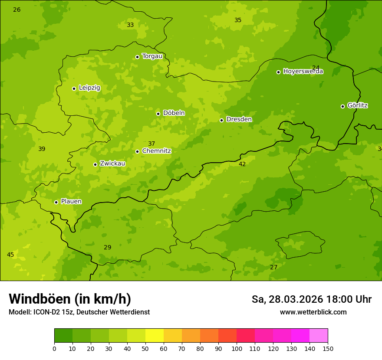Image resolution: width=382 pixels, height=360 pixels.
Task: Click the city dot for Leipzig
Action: pyautogui.click(x=74, y=88)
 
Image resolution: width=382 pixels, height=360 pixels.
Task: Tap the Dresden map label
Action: pyautogui.click(x=239, y=119)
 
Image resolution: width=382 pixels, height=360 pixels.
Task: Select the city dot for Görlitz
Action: pyautogui.click(x=342, y=106)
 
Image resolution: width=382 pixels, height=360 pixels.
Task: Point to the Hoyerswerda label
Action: pyautogui.click(x=303, y=72)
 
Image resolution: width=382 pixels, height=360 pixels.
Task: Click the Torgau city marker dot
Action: pyautogui.click(x=137, y=57)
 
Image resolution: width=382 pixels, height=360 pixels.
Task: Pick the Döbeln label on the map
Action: pyautogui.click(x=174, y=113)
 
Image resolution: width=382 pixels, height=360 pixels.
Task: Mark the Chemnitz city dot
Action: pyautogui.click(x=137, y=151)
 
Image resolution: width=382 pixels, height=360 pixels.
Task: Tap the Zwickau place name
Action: pyautogui.click(x=112, y=164)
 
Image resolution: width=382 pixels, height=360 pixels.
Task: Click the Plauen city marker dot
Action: pyautogui.click(x=56, y=202)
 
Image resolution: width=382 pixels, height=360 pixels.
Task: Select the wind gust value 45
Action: pyautogui.click(x=10, y=255)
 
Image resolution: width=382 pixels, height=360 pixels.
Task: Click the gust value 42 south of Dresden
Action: pyautogui.click(x=242, y=164)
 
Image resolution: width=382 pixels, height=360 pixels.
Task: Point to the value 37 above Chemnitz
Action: pyautogui.click(x=151, y=144)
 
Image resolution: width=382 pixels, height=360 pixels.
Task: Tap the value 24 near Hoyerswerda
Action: pyautogui.click(x=316, y=68)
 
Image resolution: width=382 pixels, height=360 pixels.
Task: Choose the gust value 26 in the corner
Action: pyautogui.click(x=17, y=10)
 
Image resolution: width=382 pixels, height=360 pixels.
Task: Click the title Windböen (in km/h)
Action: pyautogui.click(x=70, y=299)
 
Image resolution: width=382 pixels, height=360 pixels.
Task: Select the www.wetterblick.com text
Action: pyautogui.click(x=313, y=312)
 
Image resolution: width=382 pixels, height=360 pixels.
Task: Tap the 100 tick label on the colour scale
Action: pyautogui.click(x=237, y=348)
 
